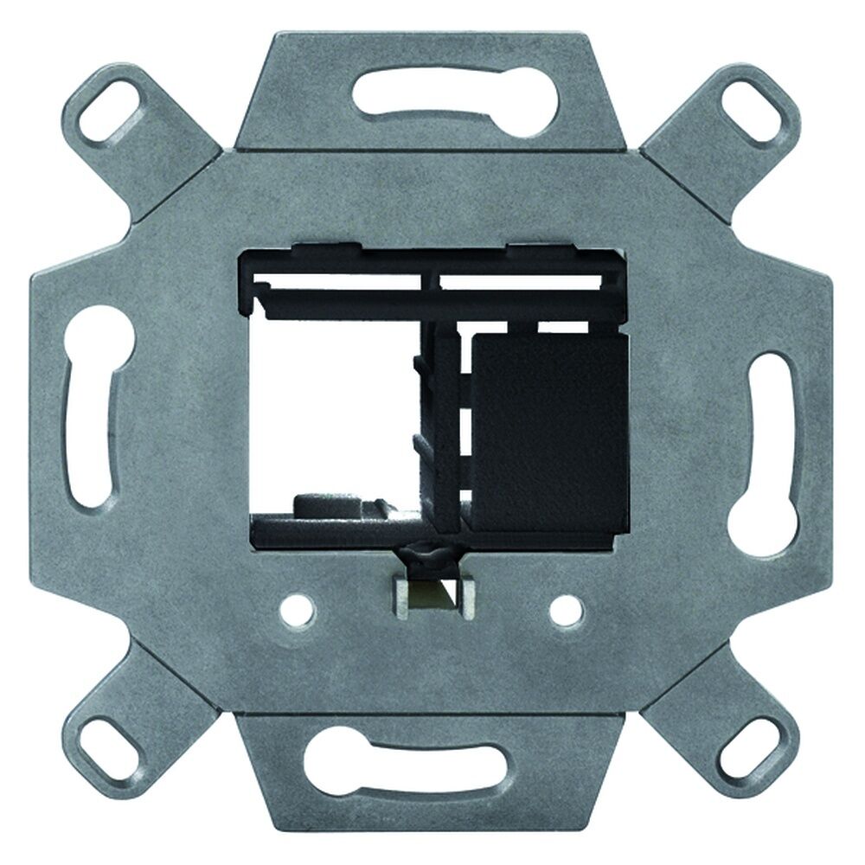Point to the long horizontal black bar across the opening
click(x=432, y=298)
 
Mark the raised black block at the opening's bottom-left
click(x=329, y=504)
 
